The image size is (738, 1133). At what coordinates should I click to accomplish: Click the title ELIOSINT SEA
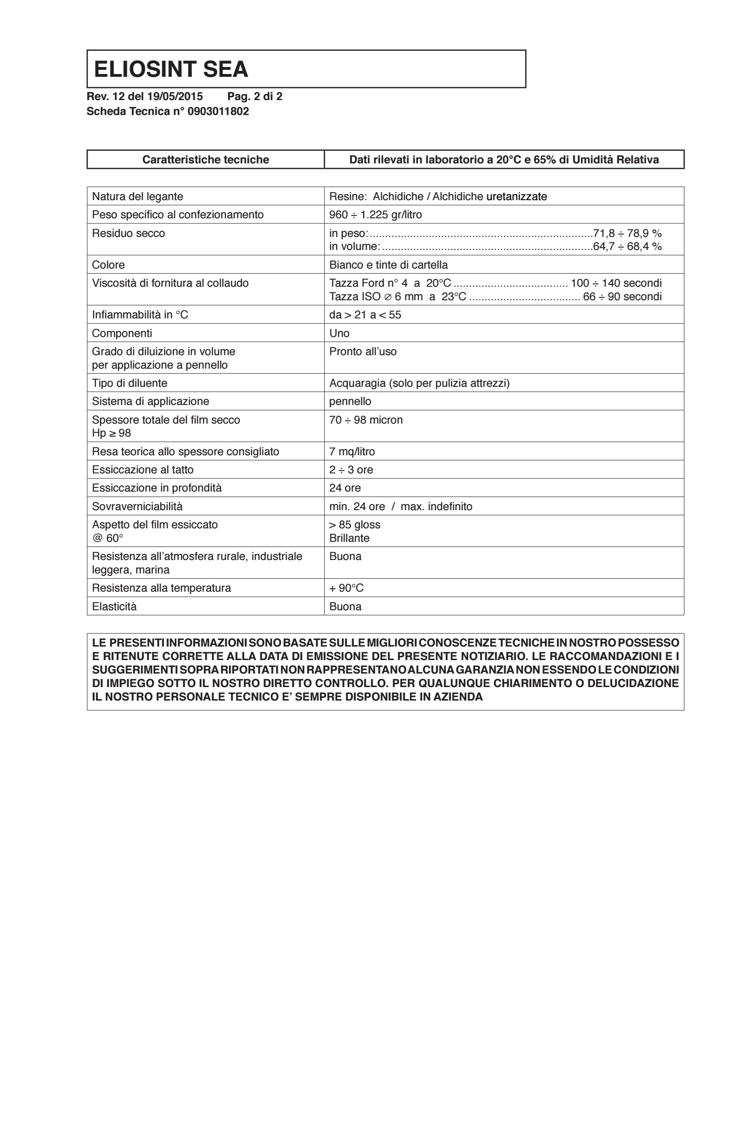[x=170, y=69]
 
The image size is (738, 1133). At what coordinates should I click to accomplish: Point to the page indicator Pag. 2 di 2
[x=255, y=96]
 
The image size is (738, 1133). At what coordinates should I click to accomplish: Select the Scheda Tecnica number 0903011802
[x=218, y=111]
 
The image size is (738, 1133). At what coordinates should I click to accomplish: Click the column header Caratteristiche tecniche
[x=205, y=160]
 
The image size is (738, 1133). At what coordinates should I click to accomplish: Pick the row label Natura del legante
[x=137, y=196]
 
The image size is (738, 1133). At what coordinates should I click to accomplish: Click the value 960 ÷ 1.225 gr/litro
[x=375, y=215]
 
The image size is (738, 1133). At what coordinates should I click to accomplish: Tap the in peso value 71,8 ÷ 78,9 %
[x=627, y=233]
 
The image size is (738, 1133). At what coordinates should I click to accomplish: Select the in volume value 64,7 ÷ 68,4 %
[x=627, y=246]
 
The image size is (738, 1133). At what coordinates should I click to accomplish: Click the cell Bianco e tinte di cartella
[x=388, y=265]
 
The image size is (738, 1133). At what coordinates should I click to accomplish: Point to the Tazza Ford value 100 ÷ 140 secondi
[x=616, y=283]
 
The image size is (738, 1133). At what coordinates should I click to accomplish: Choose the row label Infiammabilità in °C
[x=140, y=315]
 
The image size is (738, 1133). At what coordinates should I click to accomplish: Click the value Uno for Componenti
[x=339, y=333]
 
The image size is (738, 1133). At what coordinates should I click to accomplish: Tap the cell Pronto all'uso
[x=362, y=351]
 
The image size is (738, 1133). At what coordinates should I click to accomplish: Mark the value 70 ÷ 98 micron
[x=366, y=420]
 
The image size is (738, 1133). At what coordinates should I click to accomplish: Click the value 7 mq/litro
[x=352, y=452]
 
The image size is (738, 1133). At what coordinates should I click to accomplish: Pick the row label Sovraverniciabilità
[x=137, y=506]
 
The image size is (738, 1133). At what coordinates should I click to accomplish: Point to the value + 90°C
[x=346, y=588]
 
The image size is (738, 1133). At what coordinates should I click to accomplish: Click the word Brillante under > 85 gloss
[x=349, y=538]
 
